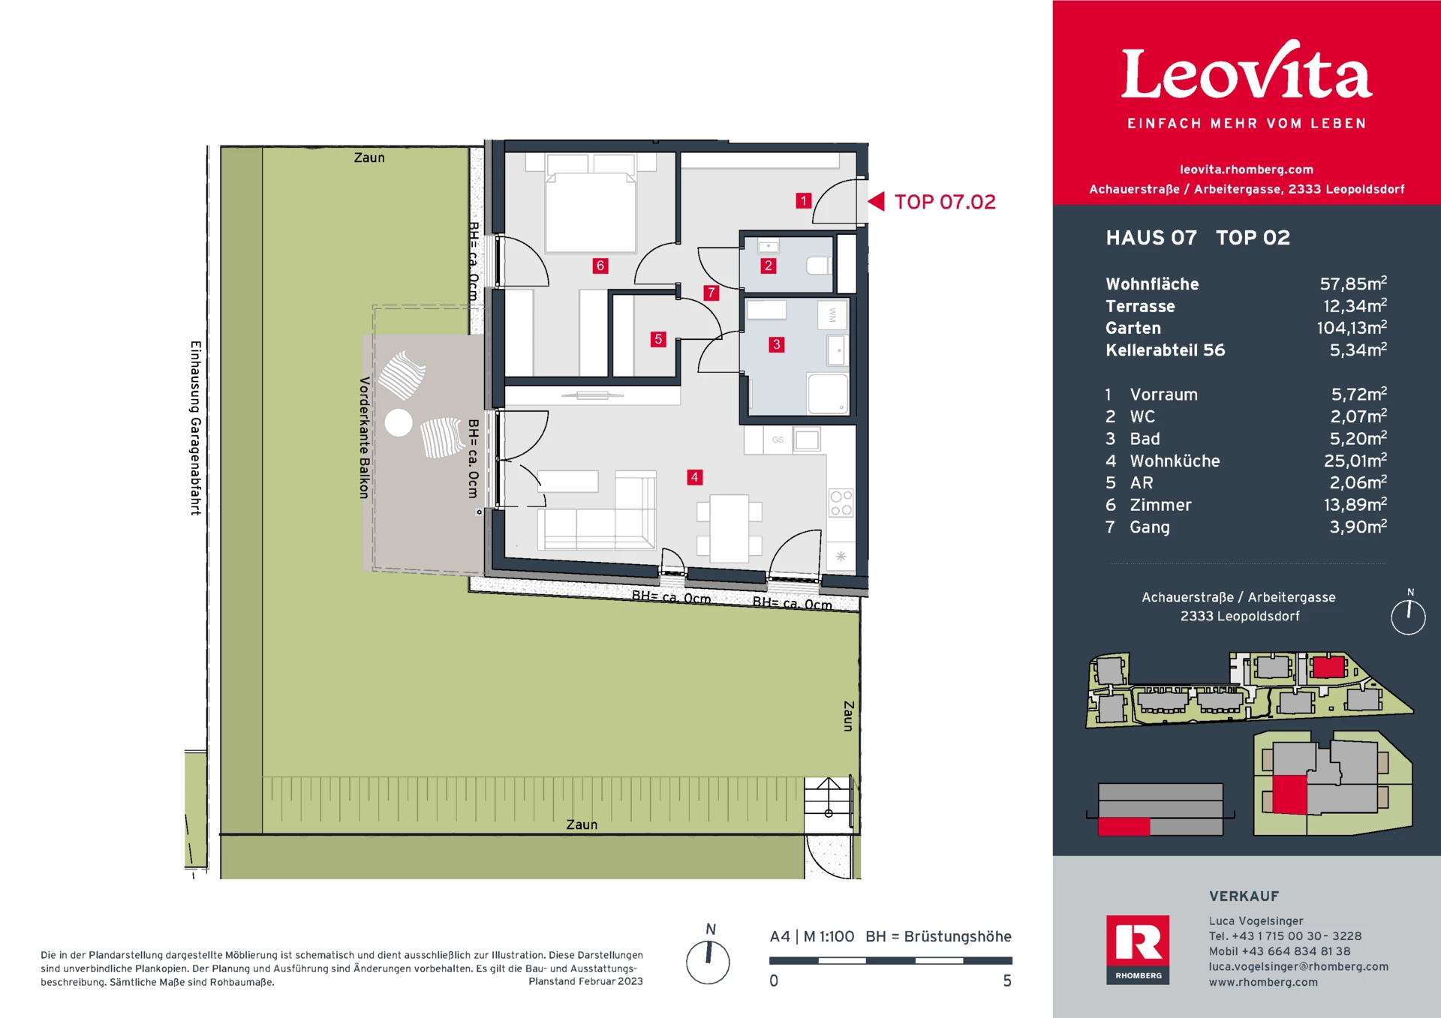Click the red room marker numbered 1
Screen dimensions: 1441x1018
(x=804, y=200)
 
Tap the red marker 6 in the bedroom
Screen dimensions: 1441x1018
(x=600, y=266)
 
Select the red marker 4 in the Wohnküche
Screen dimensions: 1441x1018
(x=695, y=477)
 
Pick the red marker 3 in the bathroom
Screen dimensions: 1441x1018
(x=777, y=344)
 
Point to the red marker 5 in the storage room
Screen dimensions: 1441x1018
(x=658, y=339)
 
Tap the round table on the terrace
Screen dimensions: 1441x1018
(x=399, y=422)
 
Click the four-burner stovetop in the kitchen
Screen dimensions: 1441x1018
(x=841, y=503)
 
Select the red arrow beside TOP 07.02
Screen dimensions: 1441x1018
(x=876, y=201)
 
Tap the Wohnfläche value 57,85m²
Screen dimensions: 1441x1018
(x=1353, y=284)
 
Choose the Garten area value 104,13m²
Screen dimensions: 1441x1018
(x=1352, y=328)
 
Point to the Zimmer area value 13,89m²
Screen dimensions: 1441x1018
(x=1355, y=505)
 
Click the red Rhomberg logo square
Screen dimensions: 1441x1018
(x=1138, y=950)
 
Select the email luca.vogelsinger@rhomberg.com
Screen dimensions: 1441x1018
(x=1298, y=966)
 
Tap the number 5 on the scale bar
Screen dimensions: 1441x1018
(x=1007, y=980)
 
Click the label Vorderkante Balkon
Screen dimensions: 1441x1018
(x=364, y=438)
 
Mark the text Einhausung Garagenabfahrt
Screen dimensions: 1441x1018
(x=195, y=428)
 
